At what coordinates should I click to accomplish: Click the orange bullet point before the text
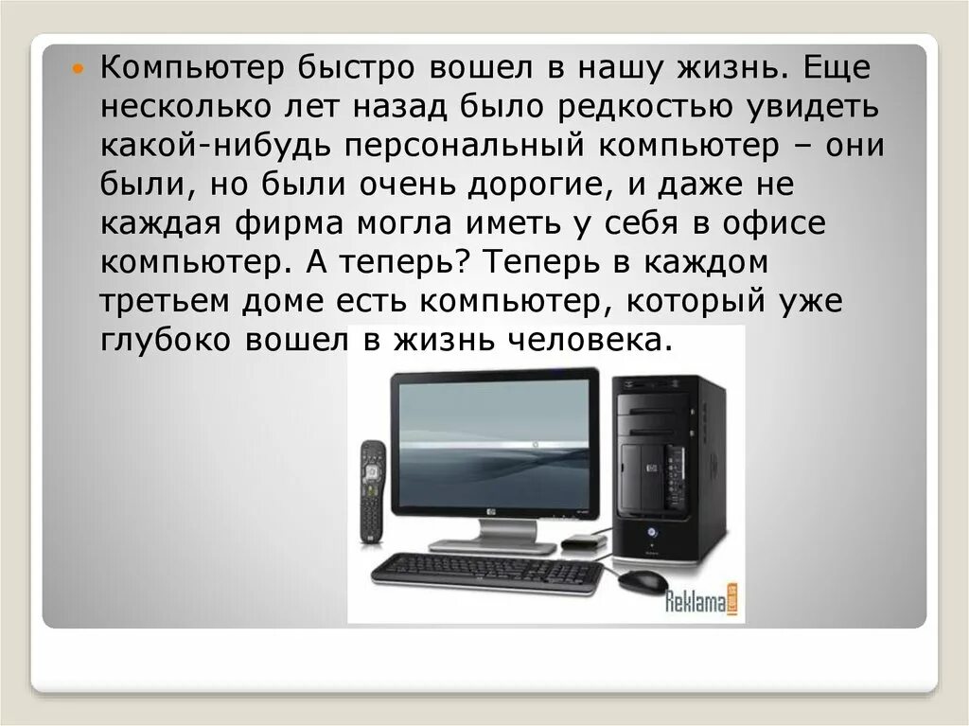pyautogui.click(x=79, y=69)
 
